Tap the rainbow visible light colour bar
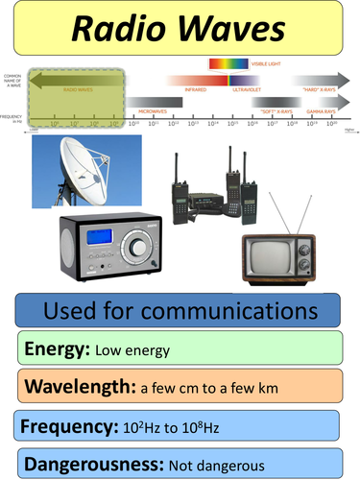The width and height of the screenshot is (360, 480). pos(227,64)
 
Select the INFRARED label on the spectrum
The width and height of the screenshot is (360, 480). pos(195,89)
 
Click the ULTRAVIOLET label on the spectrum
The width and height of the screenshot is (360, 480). pos(246,89)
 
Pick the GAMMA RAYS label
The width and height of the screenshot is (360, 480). pos(322,112)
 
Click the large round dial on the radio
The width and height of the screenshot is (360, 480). pos(140,249)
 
